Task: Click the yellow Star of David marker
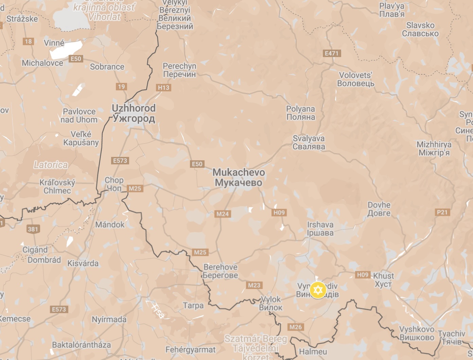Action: click(318, 290)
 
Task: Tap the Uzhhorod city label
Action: click(134, 113)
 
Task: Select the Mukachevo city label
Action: click(239, 177)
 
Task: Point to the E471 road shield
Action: click(331, 53)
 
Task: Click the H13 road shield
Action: click(163, 88)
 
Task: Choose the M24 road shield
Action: click(223, 214)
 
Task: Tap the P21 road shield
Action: click(442, 212)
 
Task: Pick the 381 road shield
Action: click(33, 229)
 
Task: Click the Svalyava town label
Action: click(309, 142)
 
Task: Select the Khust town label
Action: click(383, 280)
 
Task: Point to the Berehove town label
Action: click(221, 271)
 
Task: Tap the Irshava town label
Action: click(320, 229)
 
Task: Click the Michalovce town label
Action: click(42, 63)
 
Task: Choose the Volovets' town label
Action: click(356, 79)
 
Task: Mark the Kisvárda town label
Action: click(83, 263)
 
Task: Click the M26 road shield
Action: click(295, 327)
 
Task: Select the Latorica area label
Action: click(51, 165)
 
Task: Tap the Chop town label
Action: click(114, 184)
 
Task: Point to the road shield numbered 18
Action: click(28, 41)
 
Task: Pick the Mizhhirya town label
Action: click(434, 148)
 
